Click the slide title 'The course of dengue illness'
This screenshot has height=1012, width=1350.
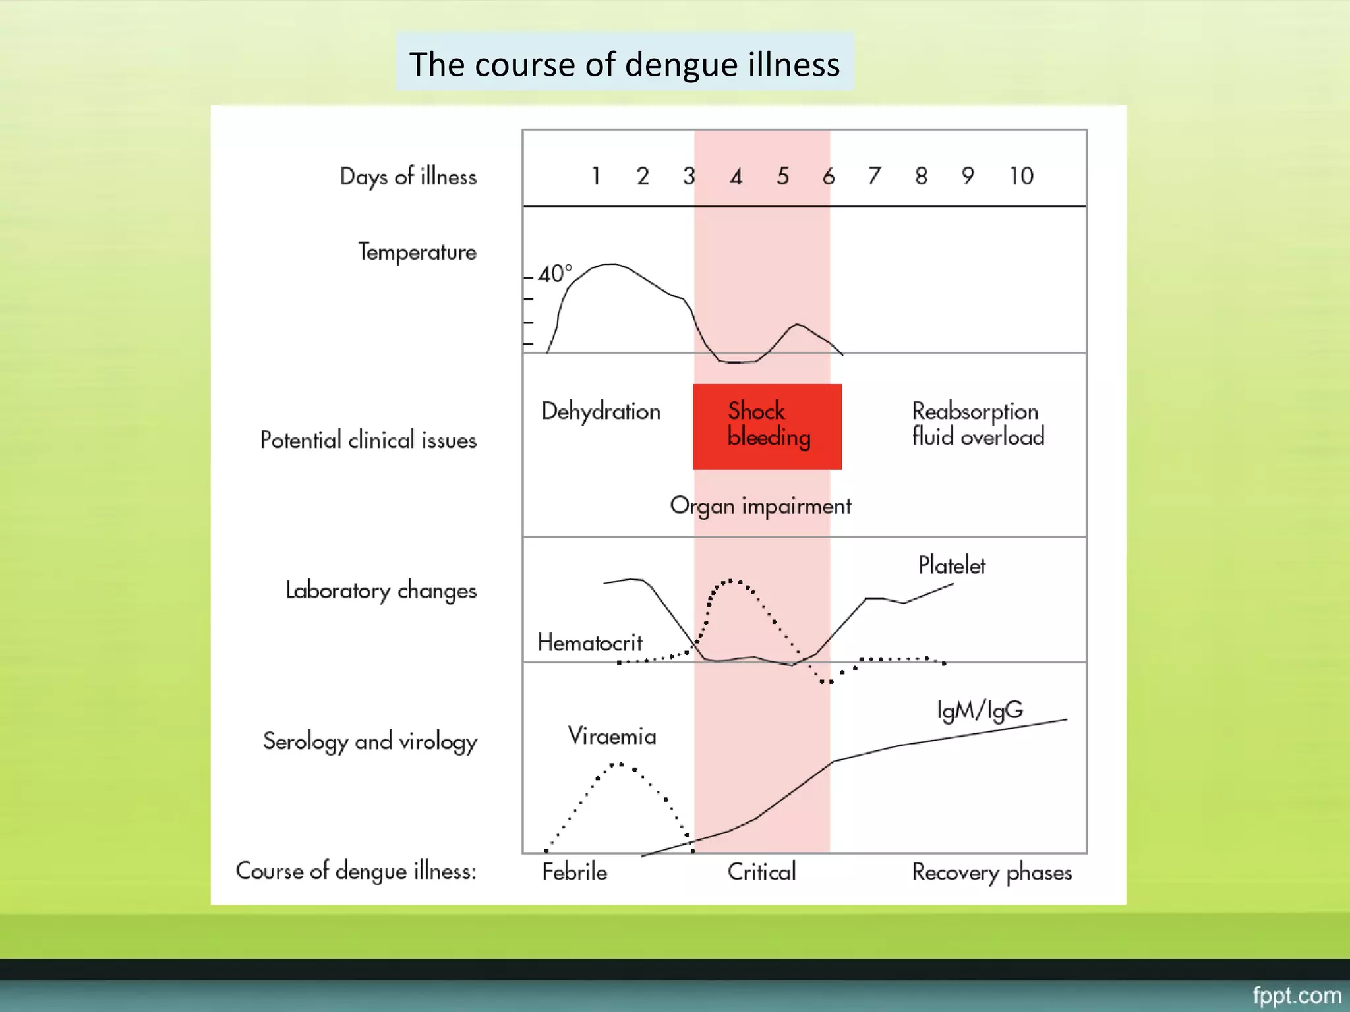pyautogui.click(x=624, y=64)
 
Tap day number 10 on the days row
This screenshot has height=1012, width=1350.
pyautogui.click(x=1021, y=176)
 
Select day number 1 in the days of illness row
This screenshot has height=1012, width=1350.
pyautogui.click(x=596, y=176)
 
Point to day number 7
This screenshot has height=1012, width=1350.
pyautogui.click(x=874, y=176)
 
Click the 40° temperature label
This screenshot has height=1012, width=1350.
pyautogui.click(x=554, y=273)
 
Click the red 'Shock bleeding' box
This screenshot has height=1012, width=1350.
pyautogui.click(x=767, y=426)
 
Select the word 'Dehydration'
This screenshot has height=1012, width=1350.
pyautogui.click(x=601, y=411)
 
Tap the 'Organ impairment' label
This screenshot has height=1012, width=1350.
pyautogui.click(x=760, y=506)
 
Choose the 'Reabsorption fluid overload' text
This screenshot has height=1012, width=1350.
pyautogui.click(x=978, y=424)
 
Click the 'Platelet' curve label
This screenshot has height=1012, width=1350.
pyautogui.click(x=951, y=565)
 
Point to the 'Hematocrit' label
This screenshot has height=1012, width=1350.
pyautogui.click(x=589, y=642)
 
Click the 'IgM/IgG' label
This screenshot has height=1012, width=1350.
pyautogui.click(x=980, y=710)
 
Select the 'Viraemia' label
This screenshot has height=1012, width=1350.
pyautogui.click(x=612, y=736)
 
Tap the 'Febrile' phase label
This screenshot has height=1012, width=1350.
pyautogui.click(x=575, y=872)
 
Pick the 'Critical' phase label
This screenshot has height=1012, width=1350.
pyautogui.click(x=761, y=872)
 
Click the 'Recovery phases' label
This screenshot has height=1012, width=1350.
pyautogui.click(x=991, y=872)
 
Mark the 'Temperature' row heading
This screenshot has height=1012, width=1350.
pyautogui.click(x=417, y=252)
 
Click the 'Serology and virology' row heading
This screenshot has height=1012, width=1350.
pyautogui.click(x=370, y=741)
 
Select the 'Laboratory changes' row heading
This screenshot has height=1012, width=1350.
pyautogui.click(x=380, y=590)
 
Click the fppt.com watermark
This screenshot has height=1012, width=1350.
pyautogui.click(x=1296, y=995)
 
